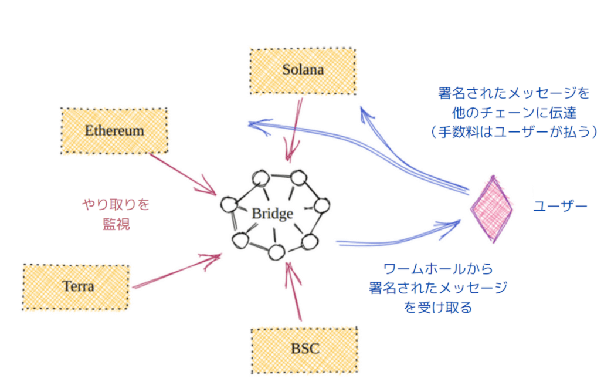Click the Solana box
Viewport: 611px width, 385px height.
303,69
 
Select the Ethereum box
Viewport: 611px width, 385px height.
114,130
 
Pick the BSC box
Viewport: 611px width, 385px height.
305,349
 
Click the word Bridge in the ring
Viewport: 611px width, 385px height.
272,214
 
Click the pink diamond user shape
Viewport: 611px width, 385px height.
492,209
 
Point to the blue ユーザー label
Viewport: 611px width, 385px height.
560,207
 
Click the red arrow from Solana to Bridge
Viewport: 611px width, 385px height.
295,129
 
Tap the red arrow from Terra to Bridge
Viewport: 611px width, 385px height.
176,272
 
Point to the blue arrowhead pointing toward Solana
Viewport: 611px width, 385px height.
366,113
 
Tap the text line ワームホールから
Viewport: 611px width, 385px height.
437,269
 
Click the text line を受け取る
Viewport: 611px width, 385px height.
437,308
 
